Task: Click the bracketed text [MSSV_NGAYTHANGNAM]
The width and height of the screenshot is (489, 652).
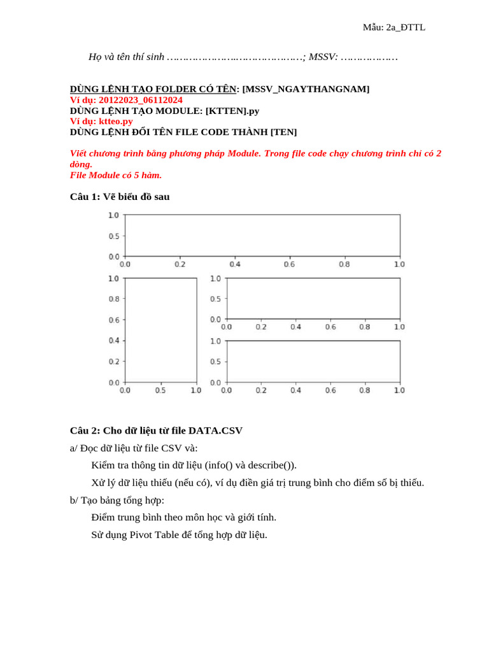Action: pyautogui.click(x=306, y=89)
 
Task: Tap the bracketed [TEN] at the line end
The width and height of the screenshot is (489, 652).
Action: pyautogui.click(x=283, y=132)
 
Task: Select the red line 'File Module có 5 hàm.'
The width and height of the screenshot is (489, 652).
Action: pyautogui.click(x=115, y=175)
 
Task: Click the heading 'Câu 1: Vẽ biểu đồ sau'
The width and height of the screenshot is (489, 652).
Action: pyautogui.click(x=120, y=197)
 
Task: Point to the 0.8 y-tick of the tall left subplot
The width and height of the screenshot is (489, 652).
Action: pyautogui.click(x=113, y=299)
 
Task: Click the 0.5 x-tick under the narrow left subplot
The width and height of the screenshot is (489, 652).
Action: pyautogui.click(x=160, y=390)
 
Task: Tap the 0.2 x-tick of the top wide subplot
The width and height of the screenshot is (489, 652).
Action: pyautogui.click(x=180, y=264)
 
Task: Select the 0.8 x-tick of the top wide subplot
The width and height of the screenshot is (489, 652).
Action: pyautogui.click(x=344, y=264)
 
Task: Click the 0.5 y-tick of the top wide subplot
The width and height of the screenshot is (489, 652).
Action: pyautogui.click(x=113, y=236)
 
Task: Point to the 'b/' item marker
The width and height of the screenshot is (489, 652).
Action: pyautogui.click(x=74, y=500)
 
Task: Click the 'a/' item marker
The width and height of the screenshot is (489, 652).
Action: pyautogui.click(x=74, y=448)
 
